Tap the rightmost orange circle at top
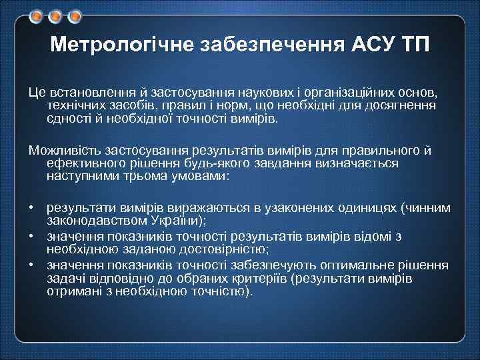click(75, 15)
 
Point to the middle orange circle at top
click(57, 15)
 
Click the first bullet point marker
click(31, 207)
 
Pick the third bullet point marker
click(31, 264)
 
